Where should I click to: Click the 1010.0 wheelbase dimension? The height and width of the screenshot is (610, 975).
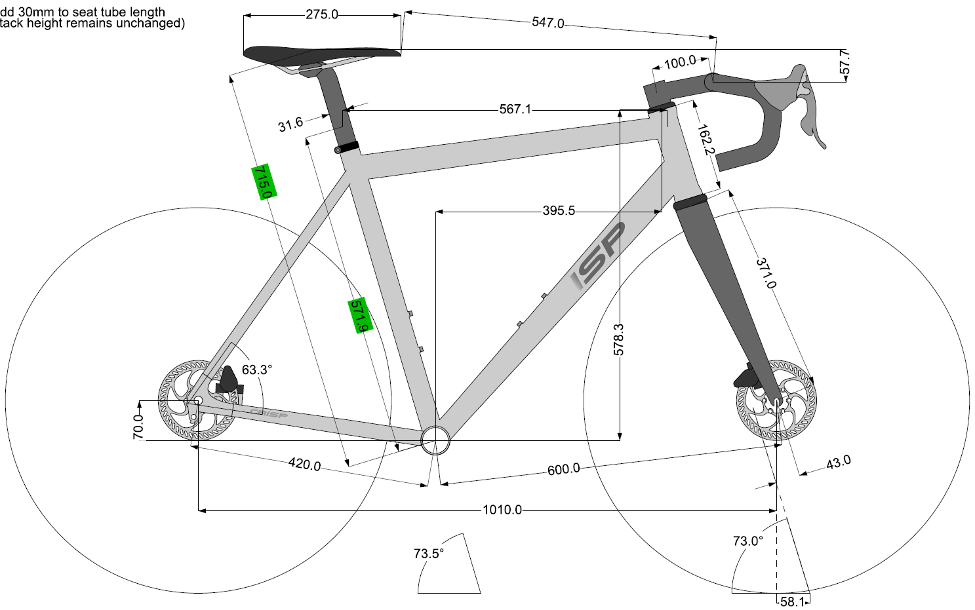tap(502, 510)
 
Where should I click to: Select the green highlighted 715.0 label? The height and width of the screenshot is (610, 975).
tap(264, 181)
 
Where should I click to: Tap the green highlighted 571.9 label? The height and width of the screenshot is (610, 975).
tap(360, 315)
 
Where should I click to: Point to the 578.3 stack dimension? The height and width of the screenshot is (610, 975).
tap(619, 339)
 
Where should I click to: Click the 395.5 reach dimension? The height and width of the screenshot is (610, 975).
tap(558, 211)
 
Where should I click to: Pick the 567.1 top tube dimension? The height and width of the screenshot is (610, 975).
tap(515, 109)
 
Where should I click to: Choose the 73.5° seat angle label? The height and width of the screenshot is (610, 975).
tap(429, 554)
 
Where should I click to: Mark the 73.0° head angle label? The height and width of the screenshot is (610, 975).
tap(747, 541)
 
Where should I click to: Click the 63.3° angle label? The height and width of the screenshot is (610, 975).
tap(256, 370)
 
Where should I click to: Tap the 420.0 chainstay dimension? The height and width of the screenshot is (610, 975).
tap(304, 465)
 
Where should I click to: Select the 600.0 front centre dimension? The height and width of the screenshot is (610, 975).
tap(563, 469)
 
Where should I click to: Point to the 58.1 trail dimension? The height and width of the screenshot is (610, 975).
tap(792, 601)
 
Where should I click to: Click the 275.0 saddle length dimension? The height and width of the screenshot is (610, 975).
tap(321, 14)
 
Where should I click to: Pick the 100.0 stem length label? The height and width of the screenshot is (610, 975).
tap(680, 62)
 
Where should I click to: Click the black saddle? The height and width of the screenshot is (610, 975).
tap(321, 52)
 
